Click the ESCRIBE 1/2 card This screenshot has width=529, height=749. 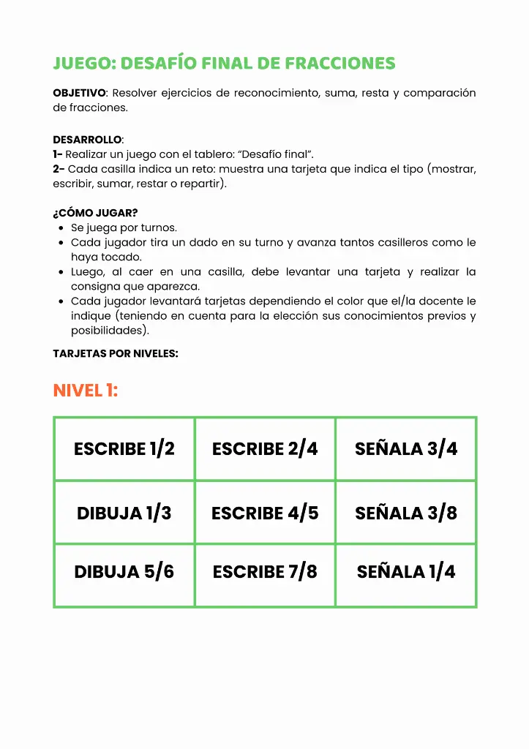click(124, 448)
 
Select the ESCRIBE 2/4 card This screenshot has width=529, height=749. click(265, 448)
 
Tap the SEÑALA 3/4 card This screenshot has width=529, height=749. click(406, 448)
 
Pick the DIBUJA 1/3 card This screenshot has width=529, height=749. click(124, 513)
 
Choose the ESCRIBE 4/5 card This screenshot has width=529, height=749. click(265, 513)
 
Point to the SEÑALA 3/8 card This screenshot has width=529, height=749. click(406, 513)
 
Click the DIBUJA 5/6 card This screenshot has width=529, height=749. click(124, 571)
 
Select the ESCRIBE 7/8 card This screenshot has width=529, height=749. click(265, 571)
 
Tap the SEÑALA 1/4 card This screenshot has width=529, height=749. click(406, 571)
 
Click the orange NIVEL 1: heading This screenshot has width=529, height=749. click(85, 391)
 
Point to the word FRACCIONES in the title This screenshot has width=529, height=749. click(340, 64)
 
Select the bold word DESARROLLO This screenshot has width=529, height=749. click(87, 140)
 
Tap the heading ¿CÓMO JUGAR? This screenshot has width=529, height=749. click(95, 214)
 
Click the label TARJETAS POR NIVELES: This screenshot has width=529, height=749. click(116, 353)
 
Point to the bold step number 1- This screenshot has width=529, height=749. click(58, 154)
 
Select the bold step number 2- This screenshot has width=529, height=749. click(59, 169)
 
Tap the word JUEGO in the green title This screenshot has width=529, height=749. click(81, 64)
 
